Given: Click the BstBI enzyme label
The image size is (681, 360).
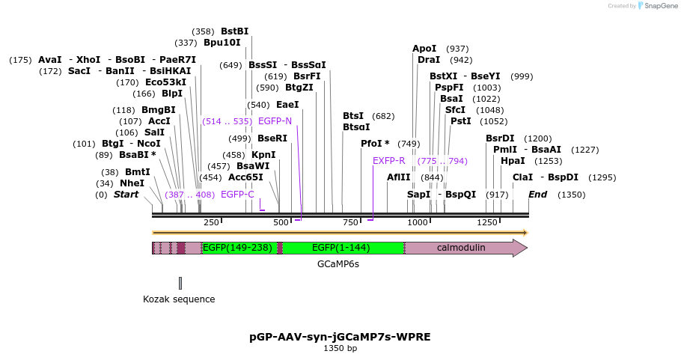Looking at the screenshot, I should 234,31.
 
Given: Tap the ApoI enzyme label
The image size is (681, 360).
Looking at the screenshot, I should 424,49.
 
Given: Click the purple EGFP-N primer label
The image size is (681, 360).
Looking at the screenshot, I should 275,120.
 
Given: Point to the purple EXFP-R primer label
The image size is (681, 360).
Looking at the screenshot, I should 388,161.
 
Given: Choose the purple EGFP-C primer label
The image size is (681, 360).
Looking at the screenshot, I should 237,195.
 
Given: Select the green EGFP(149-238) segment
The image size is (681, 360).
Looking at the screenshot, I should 237,248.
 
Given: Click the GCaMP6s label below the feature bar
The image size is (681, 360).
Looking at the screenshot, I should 338,264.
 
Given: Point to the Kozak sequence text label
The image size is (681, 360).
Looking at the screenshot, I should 179,299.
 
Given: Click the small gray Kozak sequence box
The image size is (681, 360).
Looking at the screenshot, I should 180,282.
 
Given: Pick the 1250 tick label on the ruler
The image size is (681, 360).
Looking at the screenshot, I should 486,222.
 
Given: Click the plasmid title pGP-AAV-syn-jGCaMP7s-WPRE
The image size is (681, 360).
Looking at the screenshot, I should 340,337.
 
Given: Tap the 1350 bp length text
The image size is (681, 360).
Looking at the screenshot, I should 340,348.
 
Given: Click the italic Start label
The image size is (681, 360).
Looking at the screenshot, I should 126,195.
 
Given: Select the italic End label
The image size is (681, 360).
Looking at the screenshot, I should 537,195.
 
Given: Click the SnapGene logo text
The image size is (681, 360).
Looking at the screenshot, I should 659,6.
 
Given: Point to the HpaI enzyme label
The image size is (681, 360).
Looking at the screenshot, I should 513,161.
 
